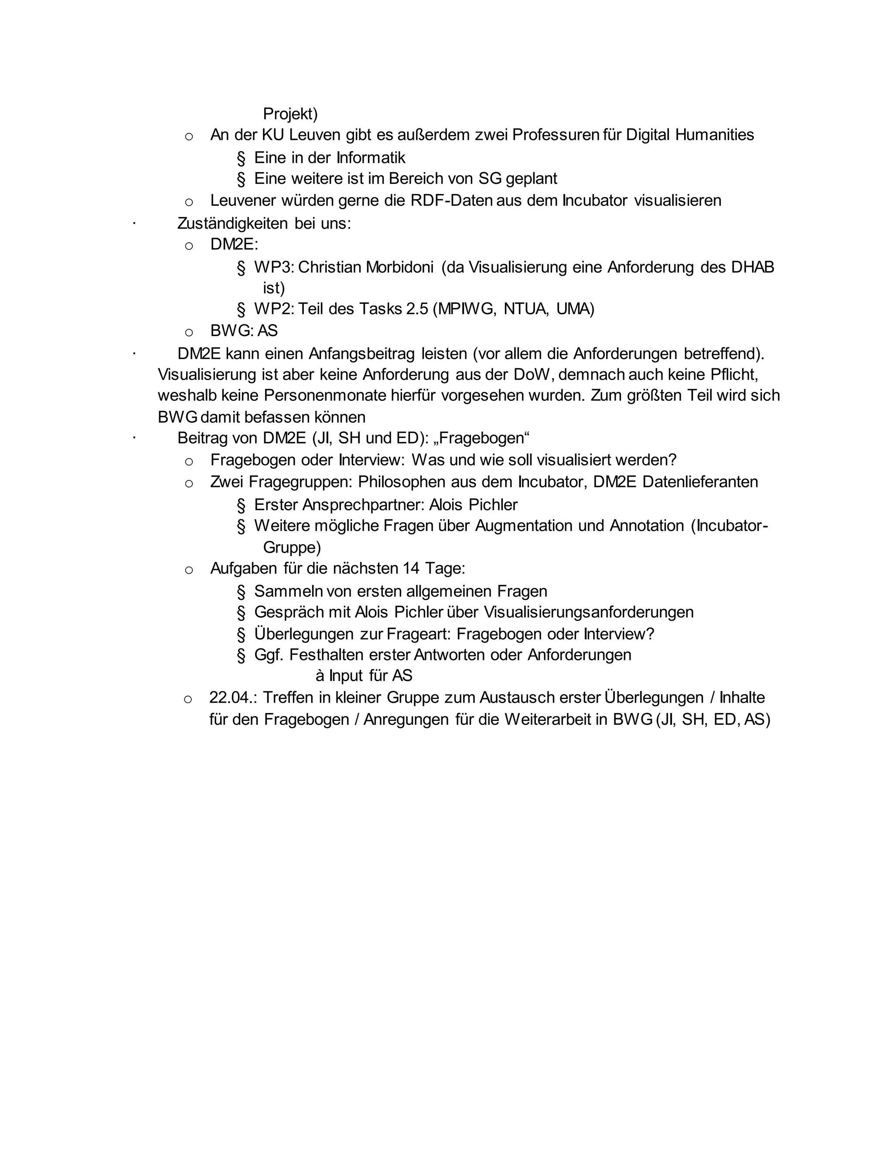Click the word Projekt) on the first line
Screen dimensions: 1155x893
[x=290, y=114]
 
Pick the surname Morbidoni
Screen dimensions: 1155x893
[x=399, y=267]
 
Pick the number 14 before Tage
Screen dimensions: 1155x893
[x=410, y=568]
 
